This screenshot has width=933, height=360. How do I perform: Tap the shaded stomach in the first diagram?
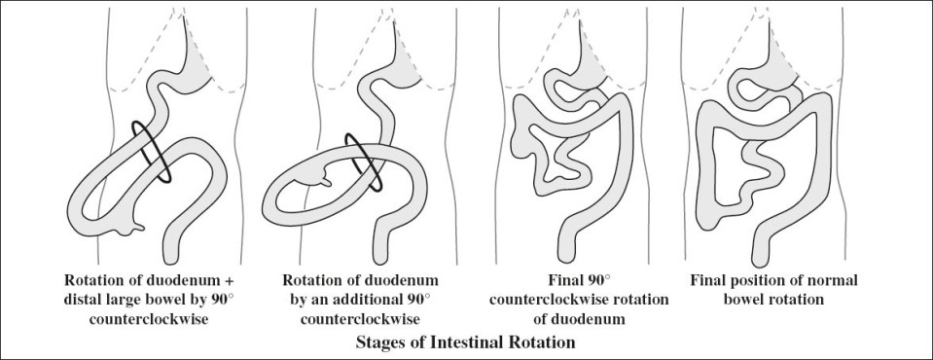[196, 67]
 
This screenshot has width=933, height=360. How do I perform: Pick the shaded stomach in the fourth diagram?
[833, 68]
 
